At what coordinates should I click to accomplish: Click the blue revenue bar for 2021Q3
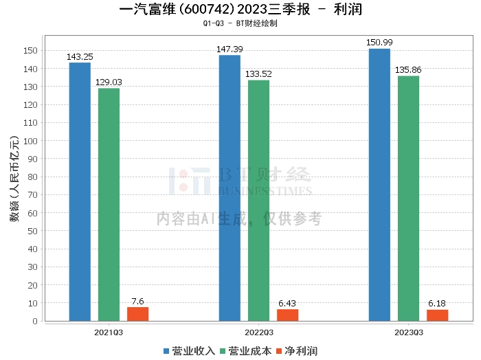pos(80,192)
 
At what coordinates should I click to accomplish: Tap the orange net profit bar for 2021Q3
pos(137,314)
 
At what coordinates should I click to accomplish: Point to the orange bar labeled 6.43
pos(287,315)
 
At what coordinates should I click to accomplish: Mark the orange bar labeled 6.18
pos(437,315)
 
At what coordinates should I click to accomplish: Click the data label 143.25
pos(80,57)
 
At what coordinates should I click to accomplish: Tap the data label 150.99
pos(379,43)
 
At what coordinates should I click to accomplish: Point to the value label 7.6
pos(137,301)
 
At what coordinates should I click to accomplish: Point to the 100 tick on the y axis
pos(30,141)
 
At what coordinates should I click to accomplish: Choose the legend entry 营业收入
pos(190,351)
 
